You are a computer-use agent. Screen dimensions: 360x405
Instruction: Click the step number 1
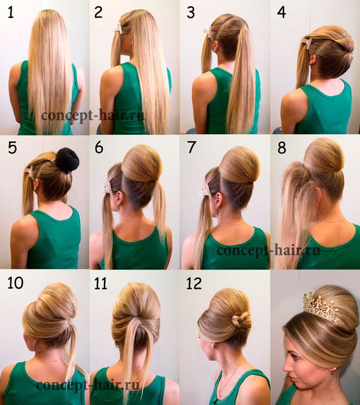(x=11, y=12)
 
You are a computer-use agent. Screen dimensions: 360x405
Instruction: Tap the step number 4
(x=281, y=12)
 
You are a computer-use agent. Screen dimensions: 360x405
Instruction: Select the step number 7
(x=191, y=148)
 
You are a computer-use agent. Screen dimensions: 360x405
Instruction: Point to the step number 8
(x=281, y=148)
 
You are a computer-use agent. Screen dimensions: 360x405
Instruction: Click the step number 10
(x=15, y=283)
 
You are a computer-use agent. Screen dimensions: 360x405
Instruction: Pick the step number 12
(x=194, y=283)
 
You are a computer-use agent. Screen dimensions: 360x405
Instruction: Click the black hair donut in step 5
(x=67, y=160)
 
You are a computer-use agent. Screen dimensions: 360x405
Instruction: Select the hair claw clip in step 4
(x=307, y=43)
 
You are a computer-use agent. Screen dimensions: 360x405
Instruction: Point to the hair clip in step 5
(x=29, y=170)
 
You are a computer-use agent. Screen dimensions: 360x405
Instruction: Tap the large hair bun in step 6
(x=142, y=164)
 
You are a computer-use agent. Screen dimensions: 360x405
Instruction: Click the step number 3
(x=191, y=12)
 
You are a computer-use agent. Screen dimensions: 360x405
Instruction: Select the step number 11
(x=100, y=283)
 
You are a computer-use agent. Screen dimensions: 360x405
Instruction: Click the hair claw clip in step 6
(x=108, y=188)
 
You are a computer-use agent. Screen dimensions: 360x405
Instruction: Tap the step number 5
(x=12, y=148)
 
